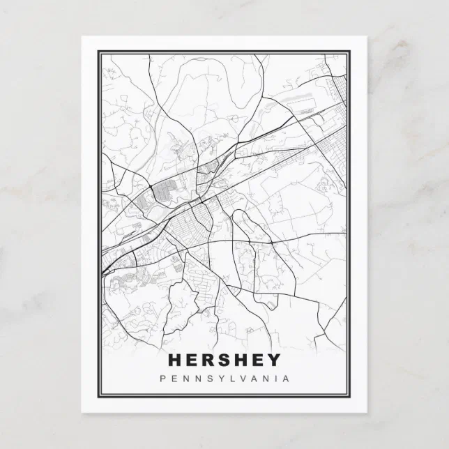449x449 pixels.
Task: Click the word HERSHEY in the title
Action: coord(224,360)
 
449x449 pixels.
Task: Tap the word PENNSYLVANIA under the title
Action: coord(224,379)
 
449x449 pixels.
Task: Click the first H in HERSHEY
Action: coord(174,360)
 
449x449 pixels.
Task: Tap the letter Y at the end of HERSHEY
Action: coord(274,360)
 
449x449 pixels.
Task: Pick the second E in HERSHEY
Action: coord(258,360)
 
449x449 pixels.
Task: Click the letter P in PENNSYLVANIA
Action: coord(162,379)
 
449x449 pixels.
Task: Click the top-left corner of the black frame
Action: coord(98,50)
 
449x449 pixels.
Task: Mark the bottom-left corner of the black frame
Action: coord(98,398)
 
